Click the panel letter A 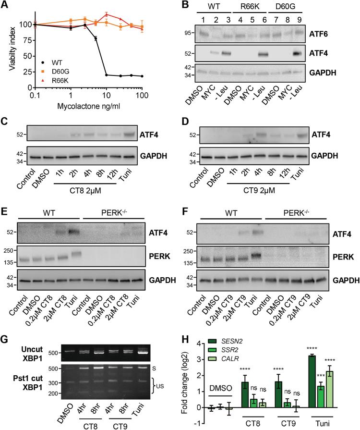(5, 5)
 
